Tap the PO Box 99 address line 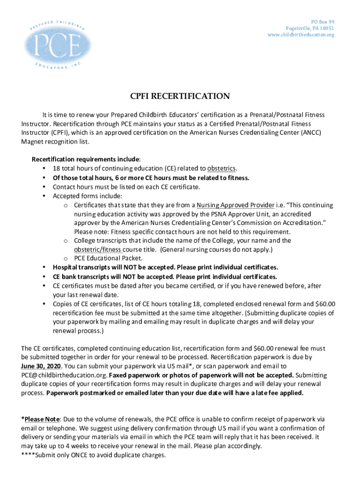[323, 22]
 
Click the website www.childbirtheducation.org [301, 35]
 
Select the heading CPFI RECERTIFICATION [180, 96]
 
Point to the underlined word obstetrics [222, 169]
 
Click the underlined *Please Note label [41, 419]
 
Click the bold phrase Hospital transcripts [82, 267]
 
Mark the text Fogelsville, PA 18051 [310, 29]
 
